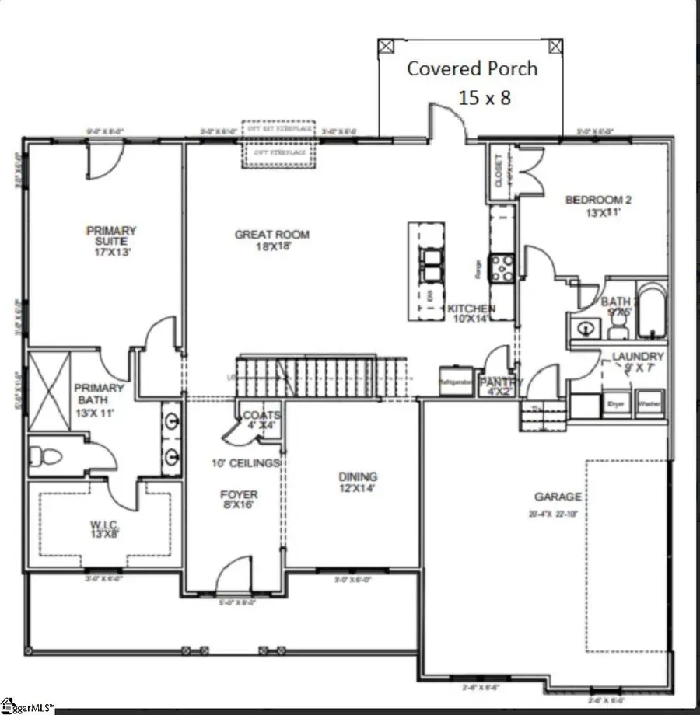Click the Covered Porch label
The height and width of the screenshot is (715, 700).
click(x=473, y=68)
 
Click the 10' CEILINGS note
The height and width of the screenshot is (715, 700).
click(x=246, y=463)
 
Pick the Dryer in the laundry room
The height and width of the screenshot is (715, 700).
click(x=617, y=405)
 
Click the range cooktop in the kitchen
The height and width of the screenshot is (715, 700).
click(x=502, y=267)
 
